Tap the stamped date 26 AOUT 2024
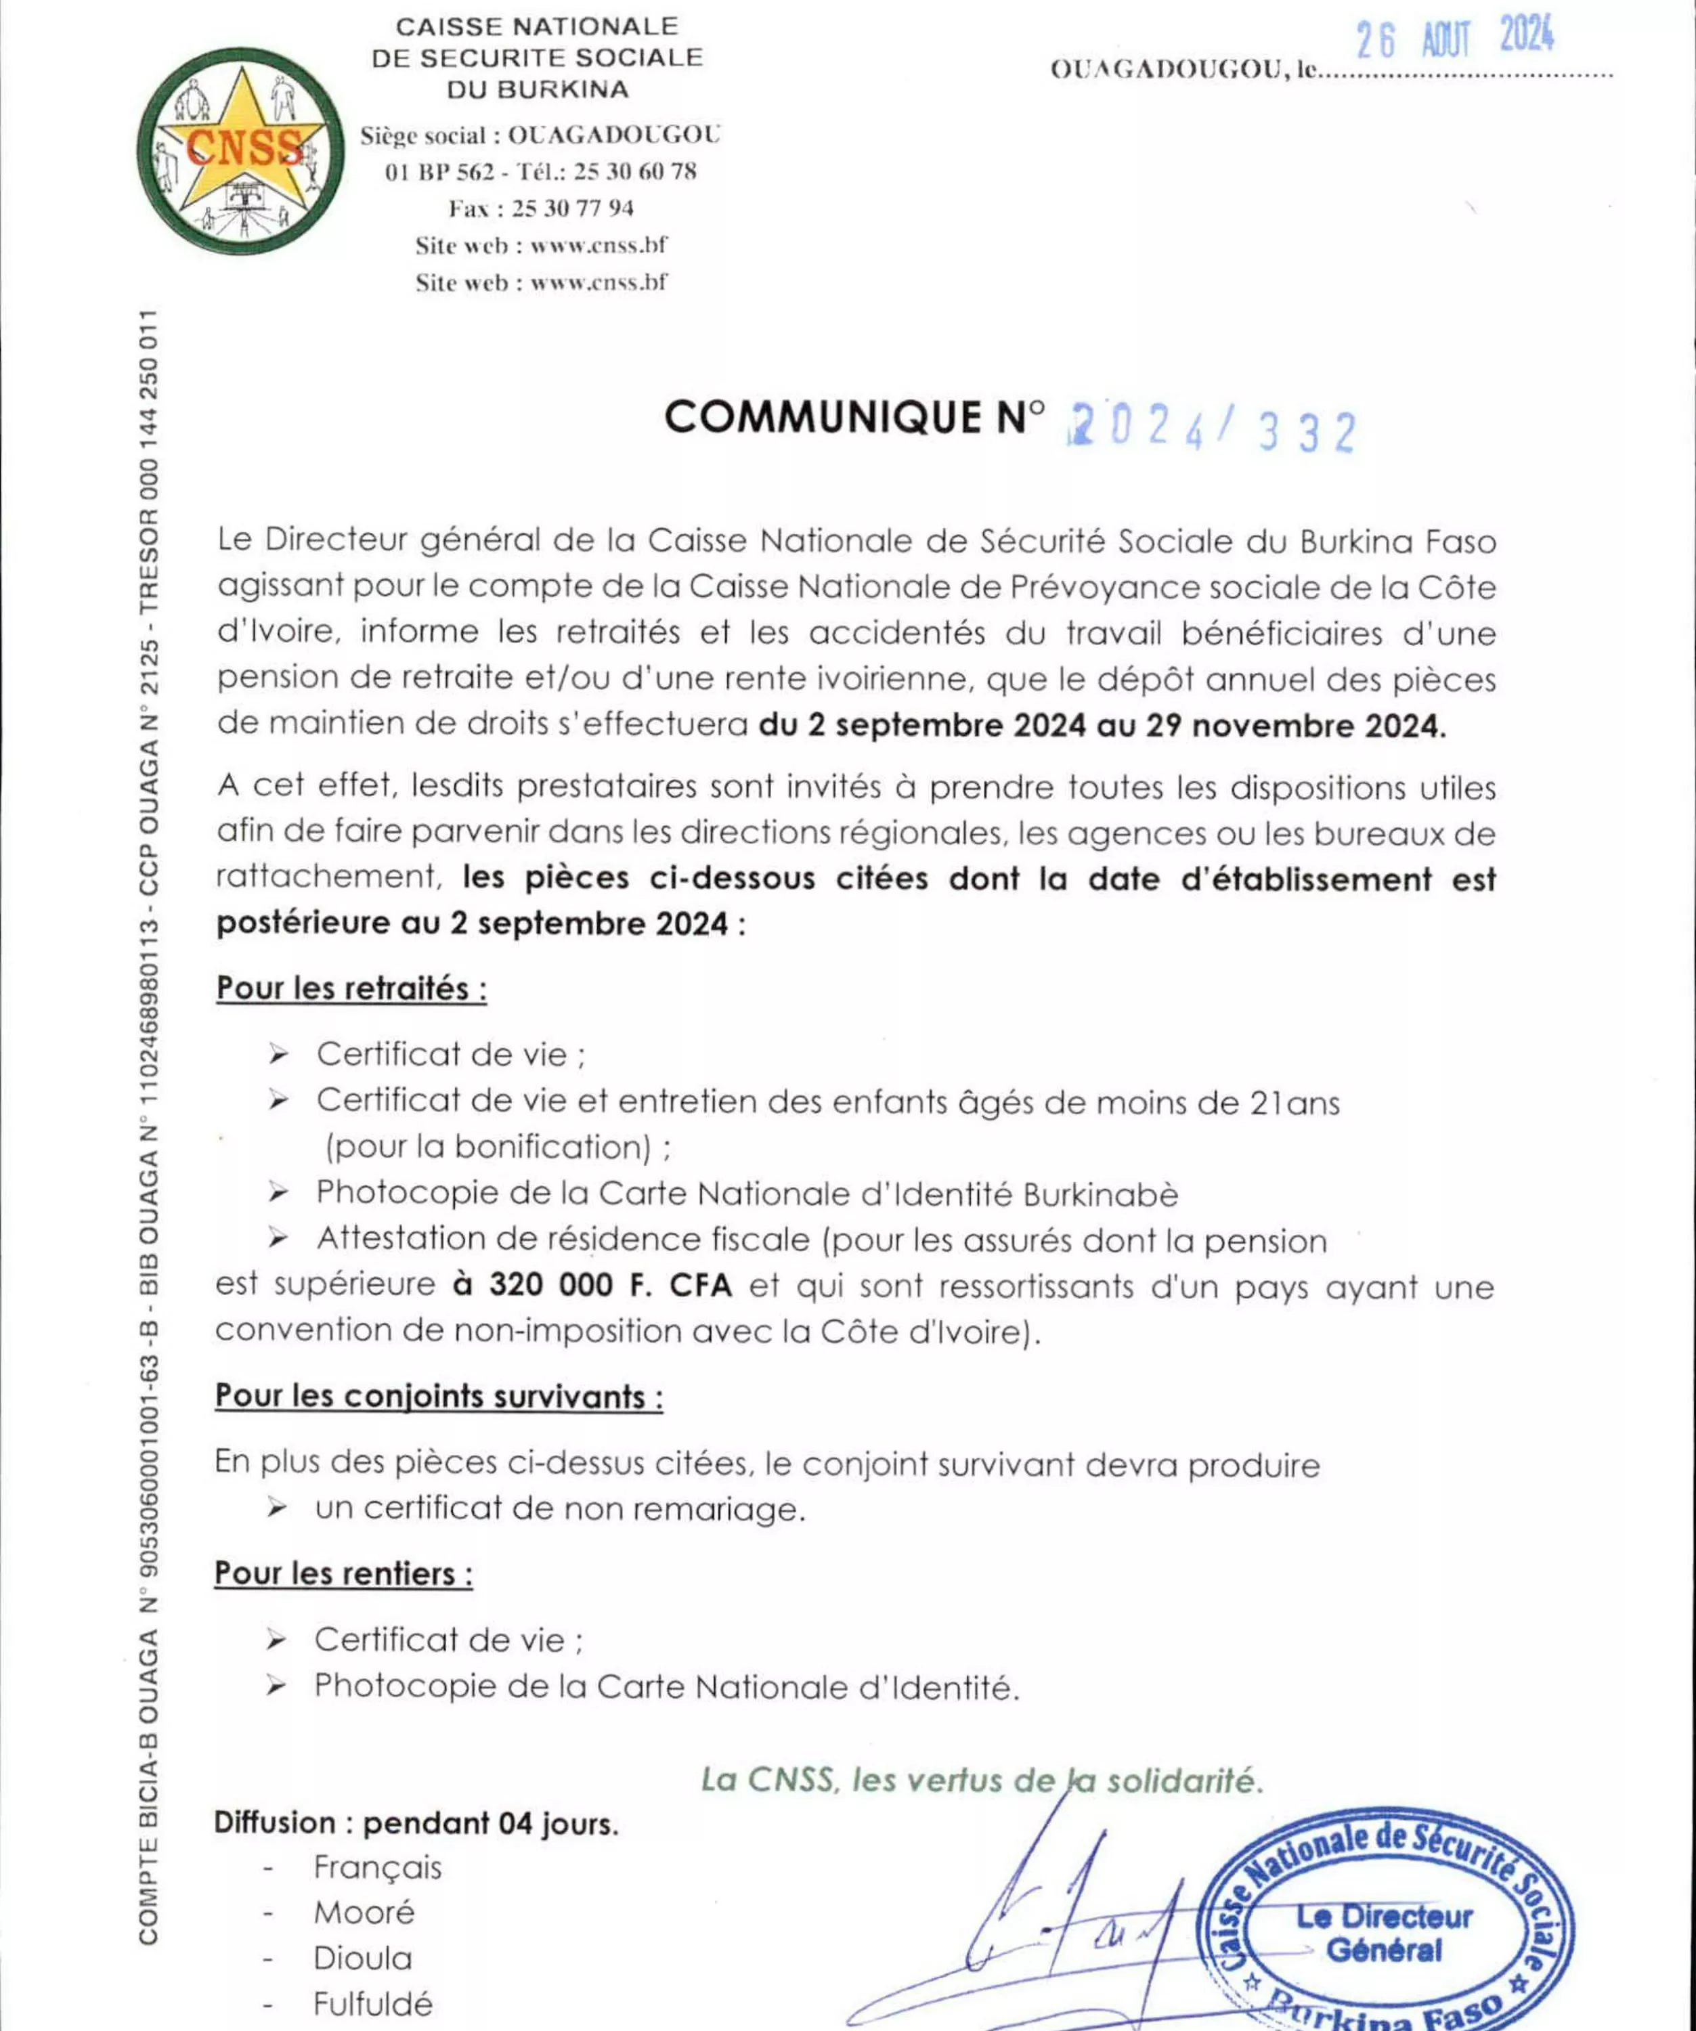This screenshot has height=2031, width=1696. (1454, 40)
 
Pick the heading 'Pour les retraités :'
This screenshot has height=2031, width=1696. (351, 988)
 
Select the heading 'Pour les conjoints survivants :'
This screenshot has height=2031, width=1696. (439, 1397)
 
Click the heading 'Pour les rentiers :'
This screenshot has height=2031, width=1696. (343, 1573)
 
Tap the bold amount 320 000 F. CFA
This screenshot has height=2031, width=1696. (592, 1284)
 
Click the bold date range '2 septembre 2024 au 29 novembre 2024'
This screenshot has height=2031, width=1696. (1102, 725)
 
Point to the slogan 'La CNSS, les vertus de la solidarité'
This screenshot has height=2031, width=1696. (982, 1780)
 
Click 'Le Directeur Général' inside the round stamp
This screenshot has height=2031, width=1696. (1384, 1932)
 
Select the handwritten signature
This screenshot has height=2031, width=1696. (1064, 1925)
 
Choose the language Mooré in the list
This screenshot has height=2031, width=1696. (364, 1912)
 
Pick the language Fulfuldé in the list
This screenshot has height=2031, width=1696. (372, 2003)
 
